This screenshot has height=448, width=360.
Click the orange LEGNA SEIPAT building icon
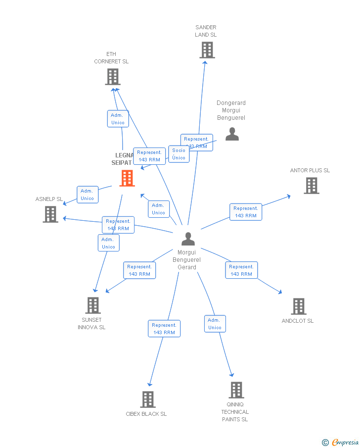[127, 178]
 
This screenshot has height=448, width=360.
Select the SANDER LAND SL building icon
[207, 50]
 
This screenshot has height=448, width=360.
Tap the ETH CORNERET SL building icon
[113, 77]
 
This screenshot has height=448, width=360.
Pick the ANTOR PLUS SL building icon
[312, 186]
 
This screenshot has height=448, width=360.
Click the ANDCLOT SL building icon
[298, 306]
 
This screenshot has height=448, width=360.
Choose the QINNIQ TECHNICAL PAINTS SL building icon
[236, 390]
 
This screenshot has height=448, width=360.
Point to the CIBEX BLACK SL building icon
[147, 399]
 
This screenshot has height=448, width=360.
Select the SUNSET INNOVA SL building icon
[92, 305]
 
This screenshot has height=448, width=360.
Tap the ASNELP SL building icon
[50, 214]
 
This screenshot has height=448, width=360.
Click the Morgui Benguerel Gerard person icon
[188, 239]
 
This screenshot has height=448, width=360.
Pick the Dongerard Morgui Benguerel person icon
[232, 134]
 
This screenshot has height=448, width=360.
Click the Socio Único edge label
[179, 154]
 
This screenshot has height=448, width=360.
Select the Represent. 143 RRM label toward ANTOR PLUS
[246, 212]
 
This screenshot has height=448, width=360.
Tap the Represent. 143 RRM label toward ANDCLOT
[241, 270]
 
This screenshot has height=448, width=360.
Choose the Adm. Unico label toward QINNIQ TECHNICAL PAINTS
[215, 324]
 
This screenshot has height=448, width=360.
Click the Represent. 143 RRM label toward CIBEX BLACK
[164, 329]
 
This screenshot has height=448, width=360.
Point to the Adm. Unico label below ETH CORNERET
[118, 119]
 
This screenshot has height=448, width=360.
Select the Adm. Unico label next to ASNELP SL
[88, 195]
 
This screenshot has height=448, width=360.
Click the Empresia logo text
[345, 442]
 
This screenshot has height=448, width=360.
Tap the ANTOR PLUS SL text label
[310, 170]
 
